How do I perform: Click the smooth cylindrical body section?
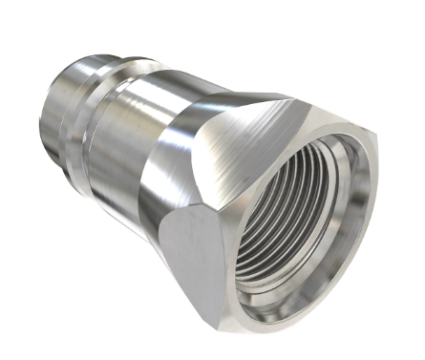143,143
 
